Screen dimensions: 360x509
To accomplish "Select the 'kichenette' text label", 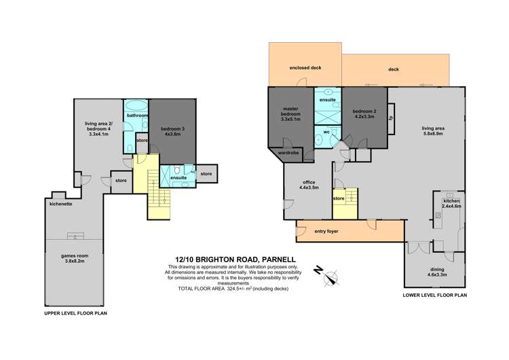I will pos(60,202).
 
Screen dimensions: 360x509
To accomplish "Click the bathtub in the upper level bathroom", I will pos(136,106).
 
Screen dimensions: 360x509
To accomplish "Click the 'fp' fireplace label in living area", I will pos(390,118).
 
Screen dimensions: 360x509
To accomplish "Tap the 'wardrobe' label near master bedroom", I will pos(291,154).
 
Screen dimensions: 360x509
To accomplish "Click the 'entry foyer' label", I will pos(326,232).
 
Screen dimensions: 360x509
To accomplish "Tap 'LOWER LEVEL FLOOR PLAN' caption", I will pos(434,295).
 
